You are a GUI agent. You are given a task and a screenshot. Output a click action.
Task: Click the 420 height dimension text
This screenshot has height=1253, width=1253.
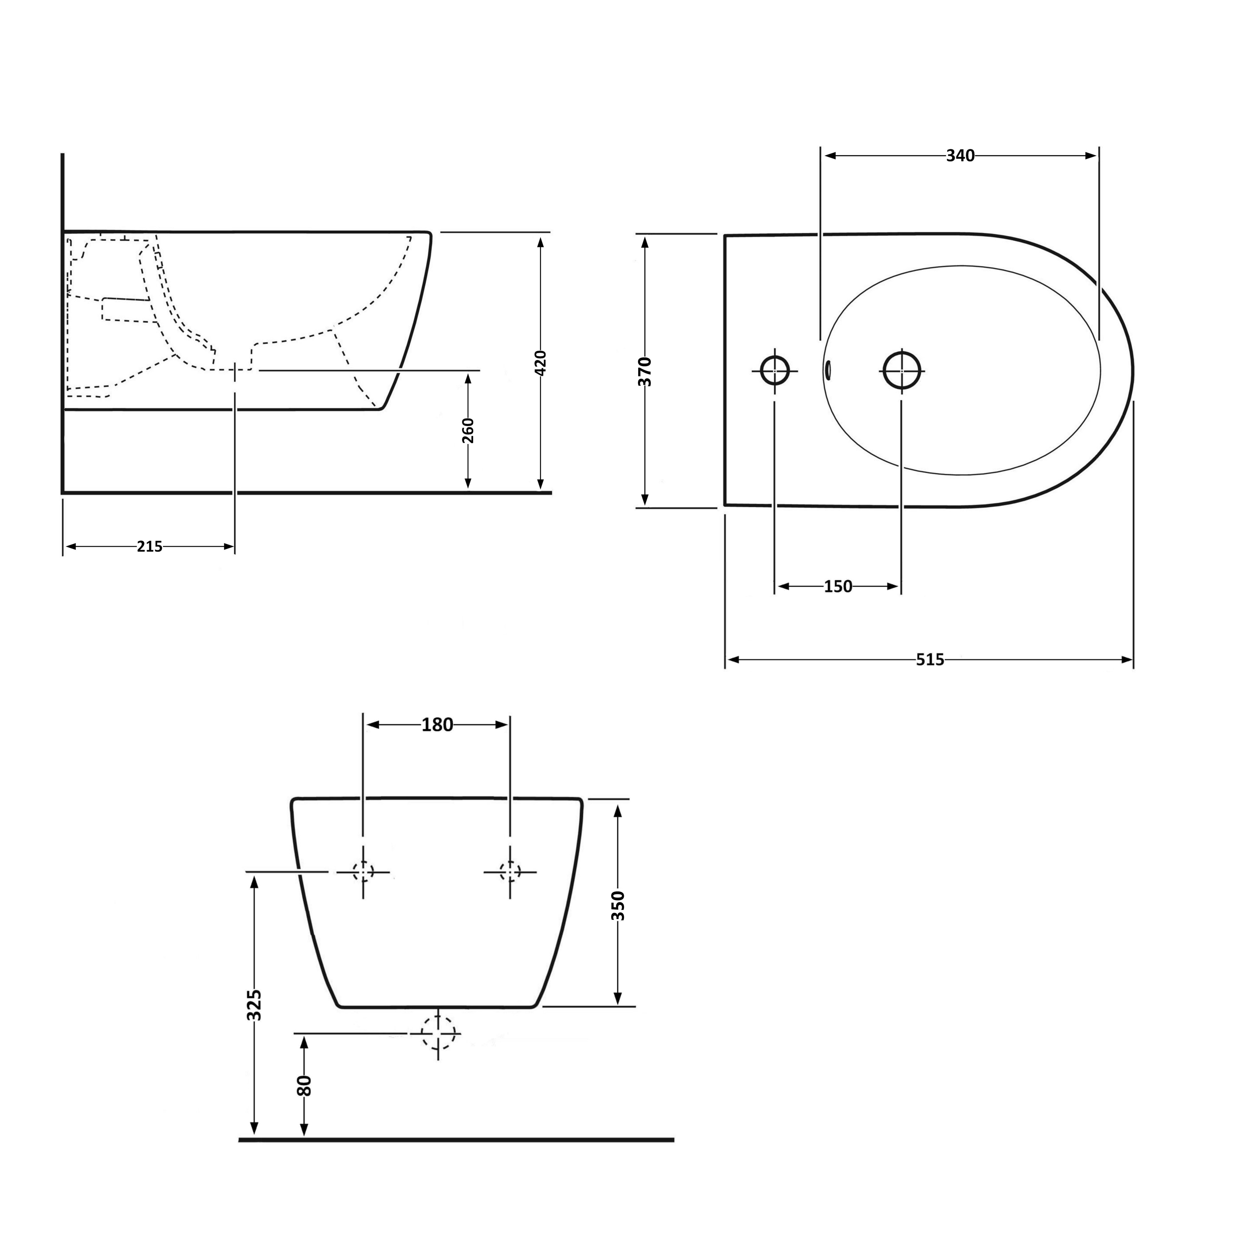pos(541,363)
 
